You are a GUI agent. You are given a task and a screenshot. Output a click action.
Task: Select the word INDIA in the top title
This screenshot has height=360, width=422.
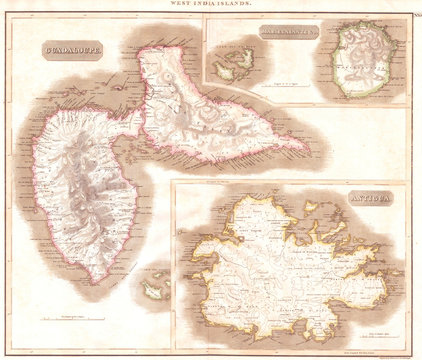click(211, 6)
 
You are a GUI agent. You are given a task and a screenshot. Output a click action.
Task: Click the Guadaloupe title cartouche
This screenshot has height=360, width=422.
click(71, 50)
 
